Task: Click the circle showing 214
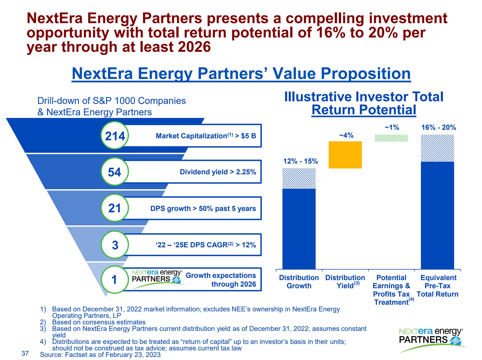115,136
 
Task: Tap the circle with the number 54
115,172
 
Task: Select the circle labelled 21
115,208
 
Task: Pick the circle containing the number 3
115,245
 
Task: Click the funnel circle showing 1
115,279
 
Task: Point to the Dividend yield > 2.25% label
218,172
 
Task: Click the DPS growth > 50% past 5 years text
203,208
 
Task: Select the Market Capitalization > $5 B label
206,136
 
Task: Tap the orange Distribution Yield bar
345,155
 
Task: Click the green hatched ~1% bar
391,138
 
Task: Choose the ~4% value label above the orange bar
346,135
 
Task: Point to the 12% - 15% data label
300,161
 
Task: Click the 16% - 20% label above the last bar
438,128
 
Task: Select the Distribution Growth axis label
299,282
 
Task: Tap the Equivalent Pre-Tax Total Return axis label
438,286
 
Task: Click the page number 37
25,354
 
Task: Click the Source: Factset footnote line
100,355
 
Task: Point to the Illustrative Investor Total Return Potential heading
364,103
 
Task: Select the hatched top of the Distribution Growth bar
299,178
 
